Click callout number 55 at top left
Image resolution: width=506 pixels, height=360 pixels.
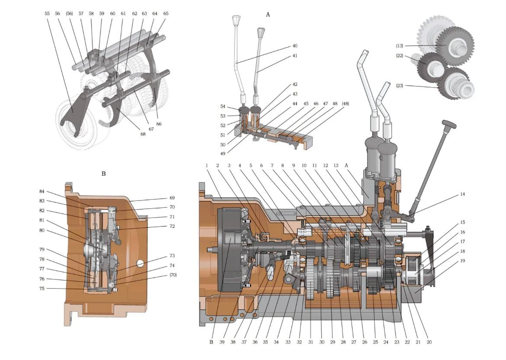click(x=47, y=14)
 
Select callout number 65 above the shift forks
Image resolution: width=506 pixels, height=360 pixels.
click(x=166, y=14)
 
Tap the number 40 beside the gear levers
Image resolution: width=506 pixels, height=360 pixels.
click(x=295, y=46)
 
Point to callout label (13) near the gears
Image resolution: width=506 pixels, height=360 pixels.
click(x=400, y=46)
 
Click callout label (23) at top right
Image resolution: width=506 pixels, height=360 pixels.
click(x=400, y=86)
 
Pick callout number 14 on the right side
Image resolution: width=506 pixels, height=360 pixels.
click(x=462, y=194)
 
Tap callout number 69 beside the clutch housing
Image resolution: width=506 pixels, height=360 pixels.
click(x=172, y=198)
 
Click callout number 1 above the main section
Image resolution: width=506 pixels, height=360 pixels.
click(x=207, y=166)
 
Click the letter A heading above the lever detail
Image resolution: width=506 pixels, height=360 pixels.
click(x=268, y=15)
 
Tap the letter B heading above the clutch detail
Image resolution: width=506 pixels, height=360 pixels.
click(x=103, y=174)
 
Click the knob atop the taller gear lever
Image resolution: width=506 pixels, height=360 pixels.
click(x=236, y=20)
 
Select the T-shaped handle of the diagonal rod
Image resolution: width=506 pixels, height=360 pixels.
click(x=446, y=125)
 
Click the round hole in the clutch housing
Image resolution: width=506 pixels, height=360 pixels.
click(x=139, y=262)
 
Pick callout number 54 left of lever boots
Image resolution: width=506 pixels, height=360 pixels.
click(x=223, y=106)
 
